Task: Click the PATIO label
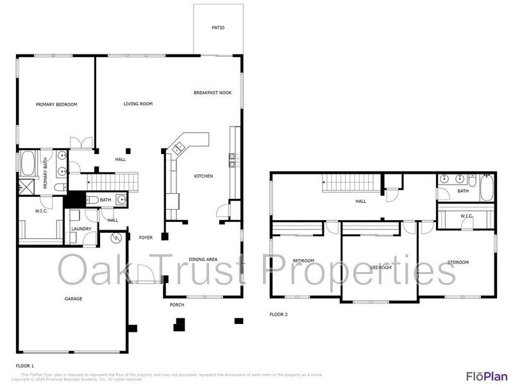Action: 218,28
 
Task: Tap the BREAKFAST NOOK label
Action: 212,93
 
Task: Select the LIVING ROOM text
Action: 138,104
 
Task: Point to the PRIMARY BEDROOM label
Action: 56,105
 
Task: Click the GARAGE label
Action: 73,298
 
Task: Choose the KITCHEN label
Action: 204,176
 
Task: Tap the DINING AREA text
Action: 203,259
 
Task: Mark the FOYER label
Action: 146,237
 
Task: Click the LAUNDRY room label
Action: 81,229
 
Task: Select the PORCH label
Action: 177,305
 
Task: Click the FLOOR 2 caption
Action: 278,314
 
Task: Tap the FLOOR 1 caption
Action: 25,365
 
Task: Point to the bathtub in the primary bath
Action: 28,164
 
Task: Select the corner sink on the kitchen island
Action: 177,148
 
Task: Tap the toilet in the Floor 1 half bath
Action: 92,200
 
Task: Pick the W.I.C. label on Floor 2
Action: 466,216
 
